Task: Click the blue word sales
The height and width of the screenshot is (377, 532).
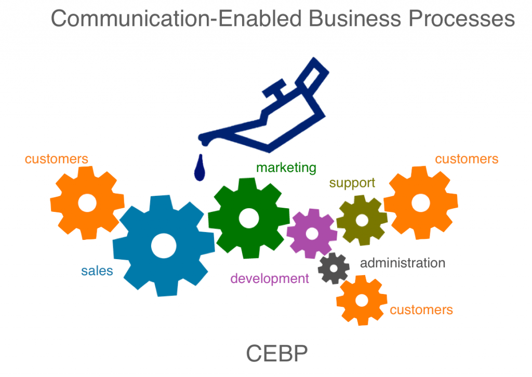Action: pos(97,271)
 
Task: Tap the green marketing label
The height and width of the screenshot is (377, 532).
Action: pos(286,168)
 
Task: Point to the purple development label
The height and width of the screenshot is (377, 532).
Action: pos(269,279)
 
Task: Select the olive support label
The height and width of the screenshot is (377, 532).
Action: pos(352,183)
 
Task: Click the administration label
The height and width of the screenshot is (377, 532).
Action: pos(403,263)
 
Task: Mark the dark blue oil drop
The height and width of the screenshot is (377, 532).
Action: pos(199,169)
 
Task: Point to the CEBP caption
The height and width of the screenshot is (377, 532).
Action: pos(276,354)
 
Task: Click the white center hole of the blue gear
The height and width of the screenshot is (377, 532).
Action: pos(164,244)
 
